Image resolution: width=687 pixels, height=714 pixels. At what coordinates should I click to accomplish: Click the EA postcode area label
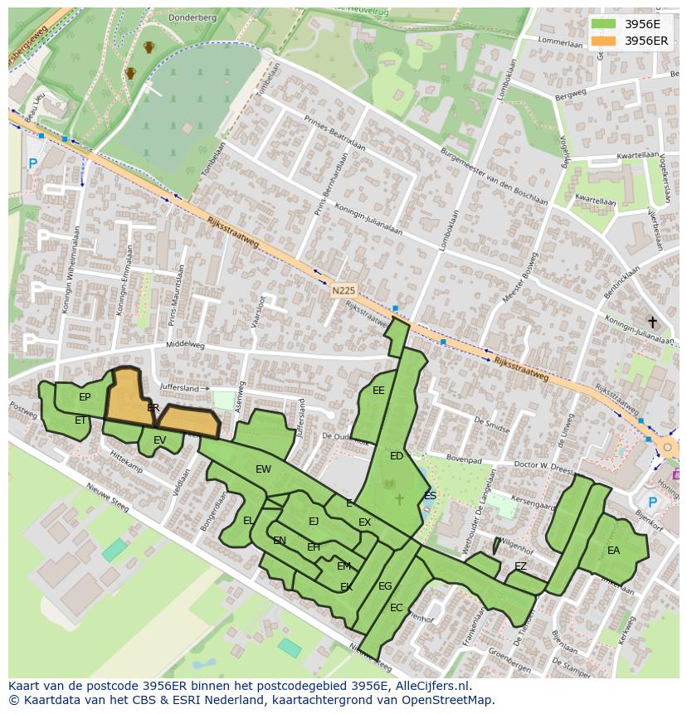(x=613, y=550)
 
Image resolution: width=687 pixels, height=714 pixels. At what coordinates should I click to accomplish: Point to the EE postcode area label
(x=378, y=391)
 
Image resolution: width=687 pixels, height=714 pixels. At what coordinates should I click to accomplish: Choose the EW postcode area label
(x=263, y=469)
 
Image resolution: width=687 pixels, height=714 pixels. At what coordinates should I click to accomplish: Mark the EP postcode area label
(x=85, y=397)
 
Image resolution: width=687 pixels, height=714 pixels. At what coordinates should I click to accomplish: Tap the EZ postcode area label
(x=520, y=566)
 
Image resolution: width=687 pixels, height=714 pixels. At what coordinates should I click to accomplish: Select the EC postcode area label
(x=396, y=608)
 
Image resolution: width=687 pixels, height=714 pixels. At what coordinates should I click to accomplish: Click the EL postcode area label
(x=248, y=521)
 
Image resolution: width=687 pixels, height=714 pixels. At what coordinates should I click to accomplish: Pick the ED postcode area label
(x=397, y=456)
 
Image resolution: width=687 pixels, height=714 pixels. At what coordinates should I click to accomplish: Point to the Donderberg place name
(x=192, y=17)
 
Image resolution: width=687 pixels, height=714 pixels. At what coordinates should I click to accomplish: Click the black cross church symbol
(x=652, y=322)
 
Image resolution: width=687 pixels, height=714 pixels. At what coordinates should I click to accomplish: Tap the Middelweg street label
(x=185, y=343)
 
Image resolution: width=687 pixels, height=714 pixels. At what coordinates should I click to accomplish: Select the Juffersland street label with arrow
(x=183, y=388)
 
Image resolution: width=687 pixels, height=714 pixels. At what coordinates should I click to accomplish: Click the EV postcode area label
(x=159, y=440)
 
